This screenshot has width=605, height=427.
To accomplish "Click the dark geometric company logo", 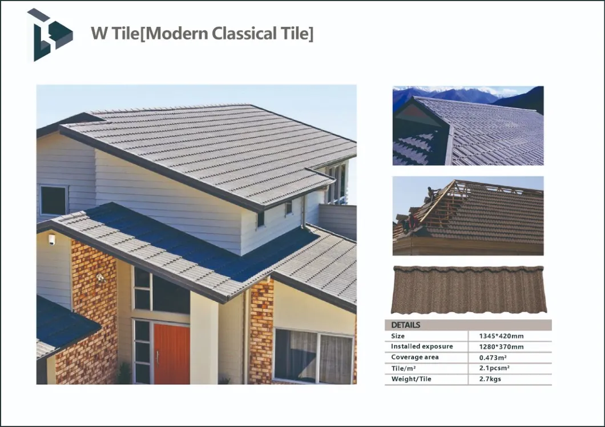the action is coord(50,35).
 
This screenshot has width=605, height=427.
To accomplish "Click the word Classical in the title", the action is coord(244,33).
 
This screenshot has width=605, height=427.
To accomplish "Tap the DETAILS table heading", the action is coord(405,325).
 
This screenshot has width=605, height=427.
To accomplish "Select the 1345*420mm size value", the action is coord(501,336).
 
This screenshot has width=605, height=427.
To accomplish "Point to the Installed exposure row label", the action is coord(422,347).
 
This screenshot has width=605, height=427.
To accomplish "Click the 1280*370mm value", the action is coord(501,347).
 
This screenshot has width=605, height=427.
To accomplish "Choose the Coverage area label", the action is coord(415,357).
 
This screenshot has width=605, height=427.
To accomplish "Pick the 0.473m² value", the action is coord(493,357).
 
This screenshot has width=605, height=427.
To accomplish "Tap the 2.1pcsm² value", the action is coord(494,368).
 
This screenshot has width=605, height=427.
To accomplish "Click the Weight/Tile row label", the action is coord(411,378).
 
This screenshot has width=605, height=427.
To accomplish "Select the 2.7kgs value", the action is coord(490,378).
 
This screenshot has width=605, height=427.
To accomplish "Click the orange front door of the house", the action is coord(172,354).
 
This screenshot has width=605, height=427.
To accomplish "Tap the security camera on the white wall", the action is coord(52,239).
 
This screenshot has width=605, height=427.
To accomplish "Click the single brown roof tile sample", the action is coord(467,289).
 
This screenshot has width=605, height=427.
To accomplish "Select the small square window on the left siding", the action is coord(53,200).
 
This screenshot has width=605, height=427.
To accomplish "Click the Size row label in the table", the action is coord(398,336).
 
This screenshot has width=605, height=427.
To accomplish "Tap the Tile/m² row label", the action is coord(403,368).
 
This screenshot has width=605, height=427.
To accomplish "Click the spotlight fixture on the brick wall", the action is coord(100,277).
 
